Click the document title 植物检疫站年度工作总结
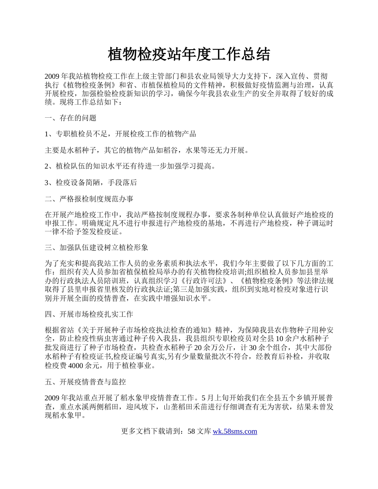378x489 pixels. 189,54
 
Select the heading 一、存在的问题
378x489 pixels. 70,118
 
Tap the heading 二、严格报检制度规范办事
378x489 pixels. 92,199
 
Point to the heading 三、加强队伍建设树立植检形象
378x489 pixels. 96,247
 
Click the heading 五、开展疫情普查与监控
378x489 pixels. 86,382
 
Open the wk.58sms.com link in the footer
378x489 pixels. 235,431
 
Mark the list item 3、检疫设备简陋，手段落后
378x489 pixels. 91,182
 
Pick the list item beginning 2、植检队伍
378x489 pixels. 131,167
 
